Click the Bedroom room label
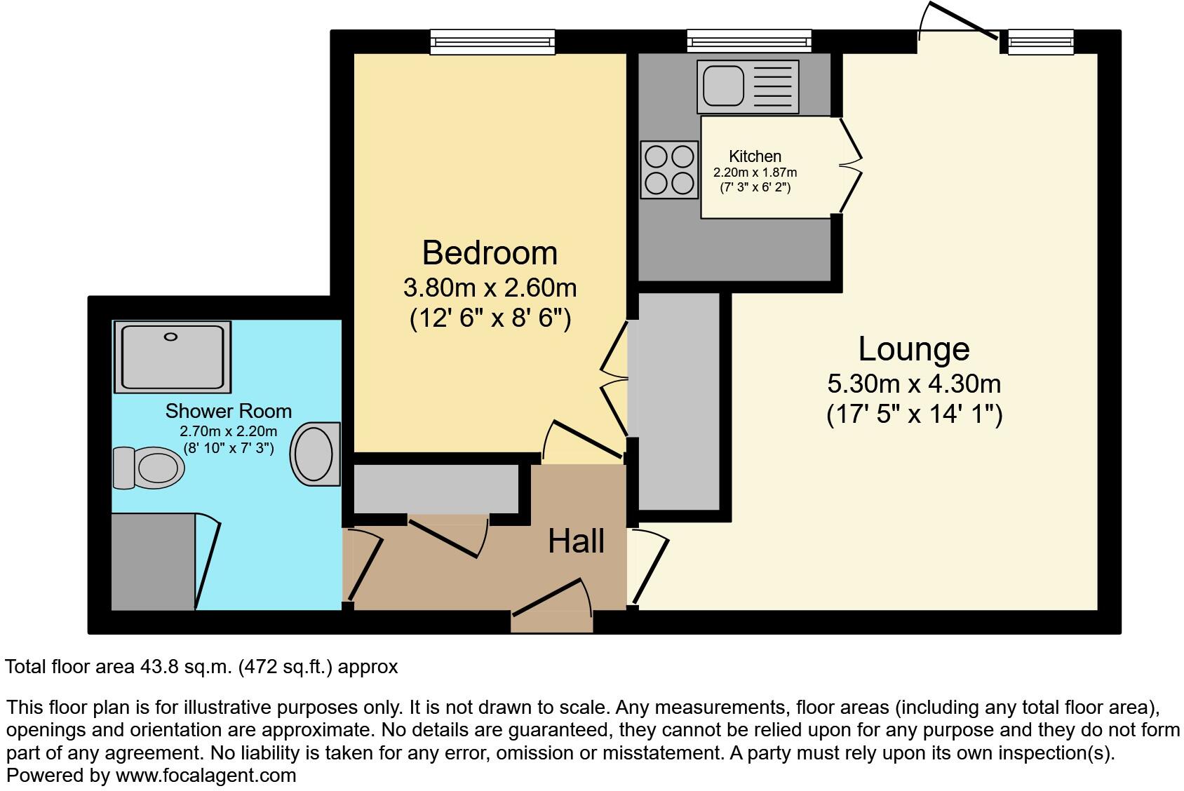point(490,253)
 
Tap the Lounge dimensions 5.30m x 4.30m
point(914,384)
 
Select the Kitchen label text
point(755,156)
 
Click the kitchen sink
point(748,87)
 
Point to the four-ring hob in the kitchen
point(669,169)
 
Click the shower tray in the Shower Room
point(172,357)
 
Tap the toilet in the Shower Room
point(149,467)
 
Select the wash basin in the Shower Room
point(315,454)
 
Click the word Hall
point(576,541)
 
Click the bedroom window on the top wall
point(492,41)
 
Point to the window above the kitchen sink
point(749,41)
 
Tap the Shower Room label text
point(228,411)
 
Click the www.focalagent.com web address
point(206,776)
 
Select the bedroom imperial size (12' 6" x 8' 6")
point(490,319)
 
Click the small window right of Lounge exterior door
point(1041,42)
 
